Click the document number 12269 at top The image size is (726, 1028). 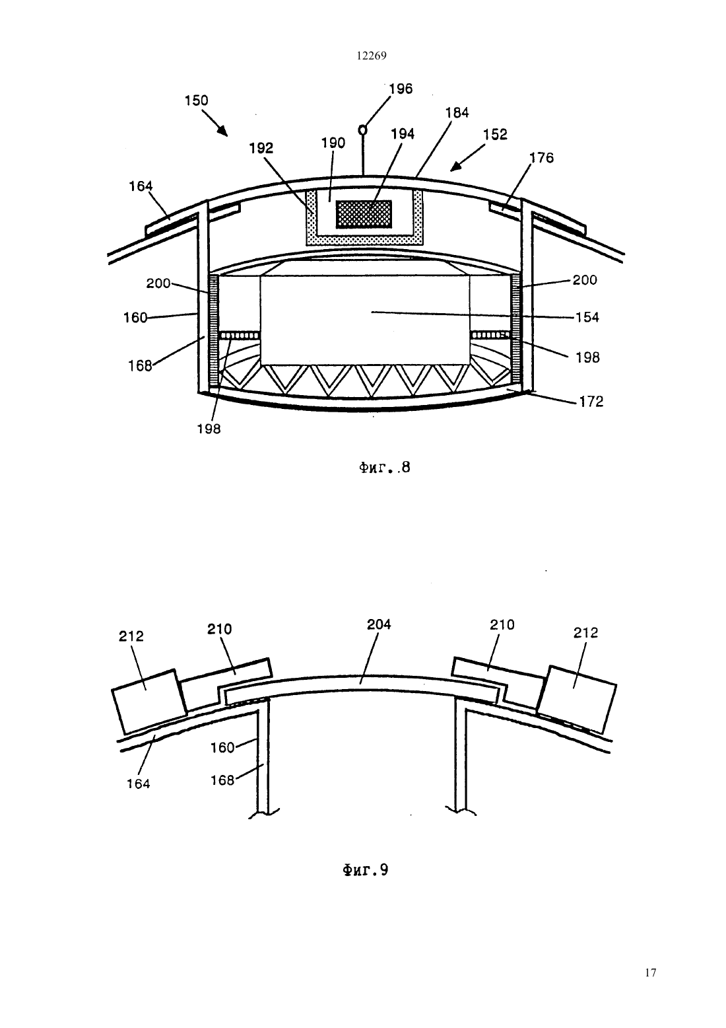coord(372,56)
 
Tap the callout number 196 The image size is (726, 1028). coord(401,89)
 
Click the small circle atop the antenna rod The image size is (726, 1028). coord(362,130)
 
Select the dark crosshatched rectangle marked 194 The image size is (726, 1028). coord(364,214)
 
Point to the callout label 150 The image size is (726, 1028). coord(196,100)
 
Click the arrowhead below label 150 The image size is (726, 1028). coord(222,131)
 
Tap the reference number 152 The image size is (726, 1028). coord(496,134)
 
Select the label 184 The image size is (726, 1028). coord(457,112)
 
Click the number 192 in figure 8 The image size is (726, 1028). coord(261,148)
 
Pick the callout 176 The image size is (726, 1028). coord(542,158)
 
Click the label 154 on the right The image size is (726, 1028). coord(587,317)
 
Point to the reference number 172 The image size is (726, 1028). coord(591,402)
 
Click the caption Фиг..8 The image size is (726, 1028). coord(384,468)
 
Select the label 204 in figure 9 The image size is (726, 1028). coord(379,624)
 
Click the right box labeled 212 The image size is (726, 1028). coord(577,699)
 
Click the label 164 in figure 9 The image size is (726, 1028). coord(139,784)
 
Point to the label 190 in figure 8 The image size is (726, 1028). coord(333,143)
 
